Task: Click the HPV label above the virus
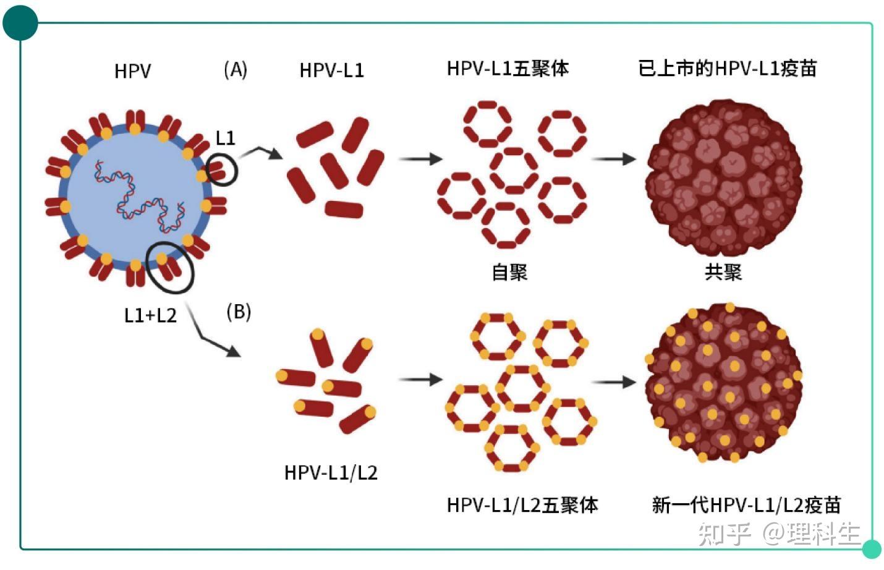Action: tap(132, 71)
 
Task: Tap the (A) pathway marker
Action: tap(236, 69)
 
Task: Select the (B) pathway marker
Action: tap(239, 311)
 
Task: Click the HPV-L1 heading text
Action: tap(331, 70)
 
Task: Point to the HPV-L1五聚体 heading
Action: tap(508, 69)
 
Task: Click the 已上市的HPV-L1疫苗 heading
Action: tap(727, 68)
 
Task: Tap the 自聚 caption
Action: tap(509, 272)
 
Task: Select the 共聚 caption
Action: tap(723, 272)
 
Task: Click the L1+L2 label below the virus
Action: tap(150, 315)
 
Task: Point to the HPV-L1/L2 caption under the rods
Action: tap(331, 473)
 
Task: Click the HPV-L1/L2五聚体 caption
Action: tap(522, 505)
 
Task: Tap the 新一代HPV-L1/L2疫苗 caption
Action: tap(746, 505)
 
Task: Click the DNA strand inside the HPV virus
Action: tap(139, 198)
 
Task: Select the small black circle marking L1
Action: tap(221, 170)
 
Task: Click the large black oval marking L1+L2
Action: tap(169, 266)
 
